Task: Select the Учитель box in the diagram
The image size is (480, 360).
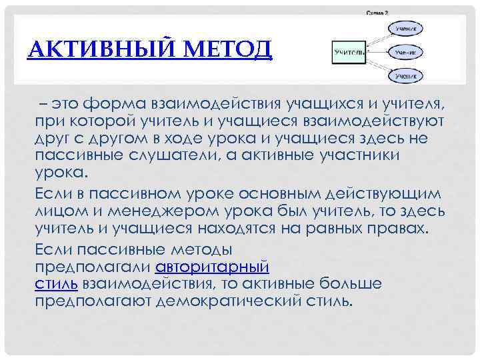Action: (349, 52)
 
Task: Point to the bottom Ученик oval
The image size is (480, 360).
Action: (405, 77)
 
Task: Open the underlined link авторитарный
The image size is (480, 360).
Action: (212, 268)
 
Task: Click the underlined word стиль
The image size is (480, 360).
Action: (55, 283)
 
